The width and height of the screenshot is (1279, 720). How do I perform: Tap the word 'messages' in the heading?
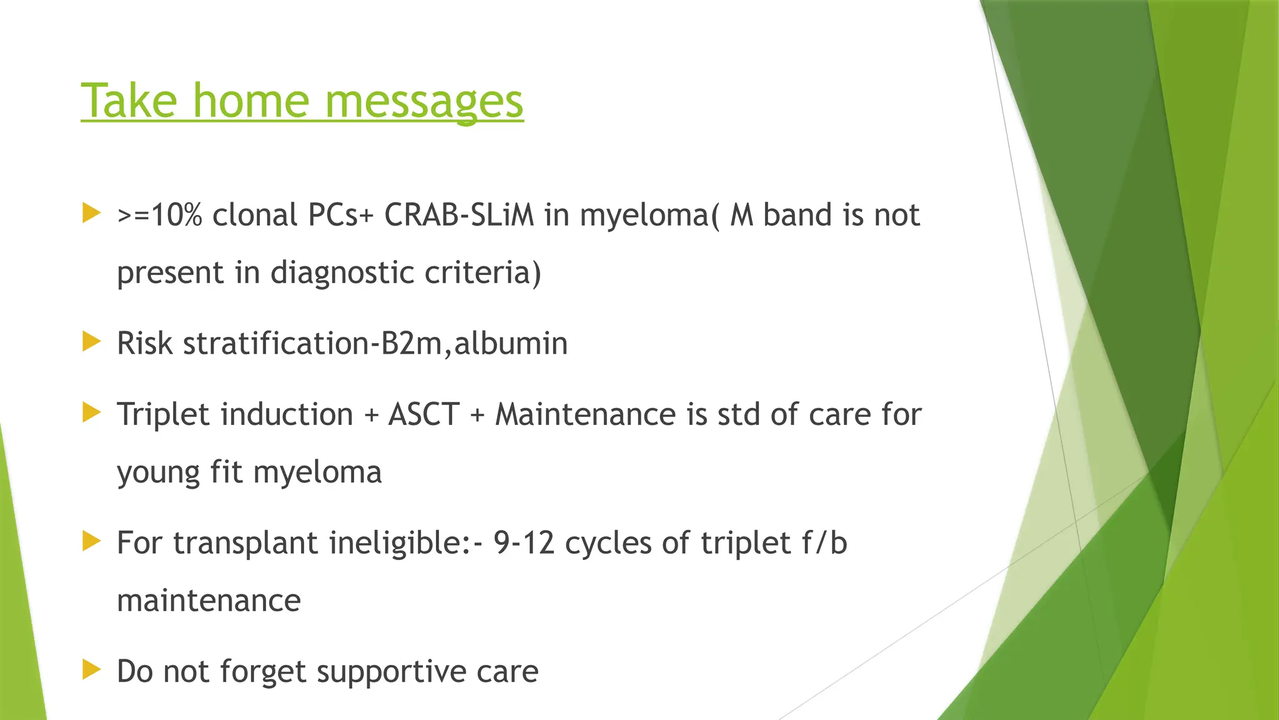pos(424,102)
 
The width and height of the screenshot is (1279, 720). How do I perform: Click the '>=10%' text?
pos(159,216)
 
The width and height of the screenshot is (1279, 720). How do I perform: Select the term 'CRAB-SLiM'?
pos(459,216)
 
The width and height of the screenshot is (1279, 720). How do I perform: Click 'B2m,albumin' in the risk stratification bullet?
pos(474,344)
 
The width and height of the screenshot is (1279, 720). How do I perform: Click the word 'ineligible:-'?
pos(406,542)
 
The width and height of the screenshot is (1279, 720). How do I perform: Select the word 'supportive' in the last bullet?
pos(391,672)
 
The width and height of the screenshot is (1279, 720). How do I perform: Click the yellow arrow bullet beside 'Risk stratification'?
pos(91,341)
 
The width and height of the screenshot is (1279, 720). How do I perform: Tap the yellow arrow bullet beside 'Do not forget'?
pos(91,670)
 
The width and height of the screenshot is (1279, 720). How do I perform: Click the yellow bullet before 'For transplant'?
pos(91,541)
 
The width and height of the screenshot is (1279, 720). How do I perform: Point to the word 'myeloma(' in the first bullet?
pos(649,216)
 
